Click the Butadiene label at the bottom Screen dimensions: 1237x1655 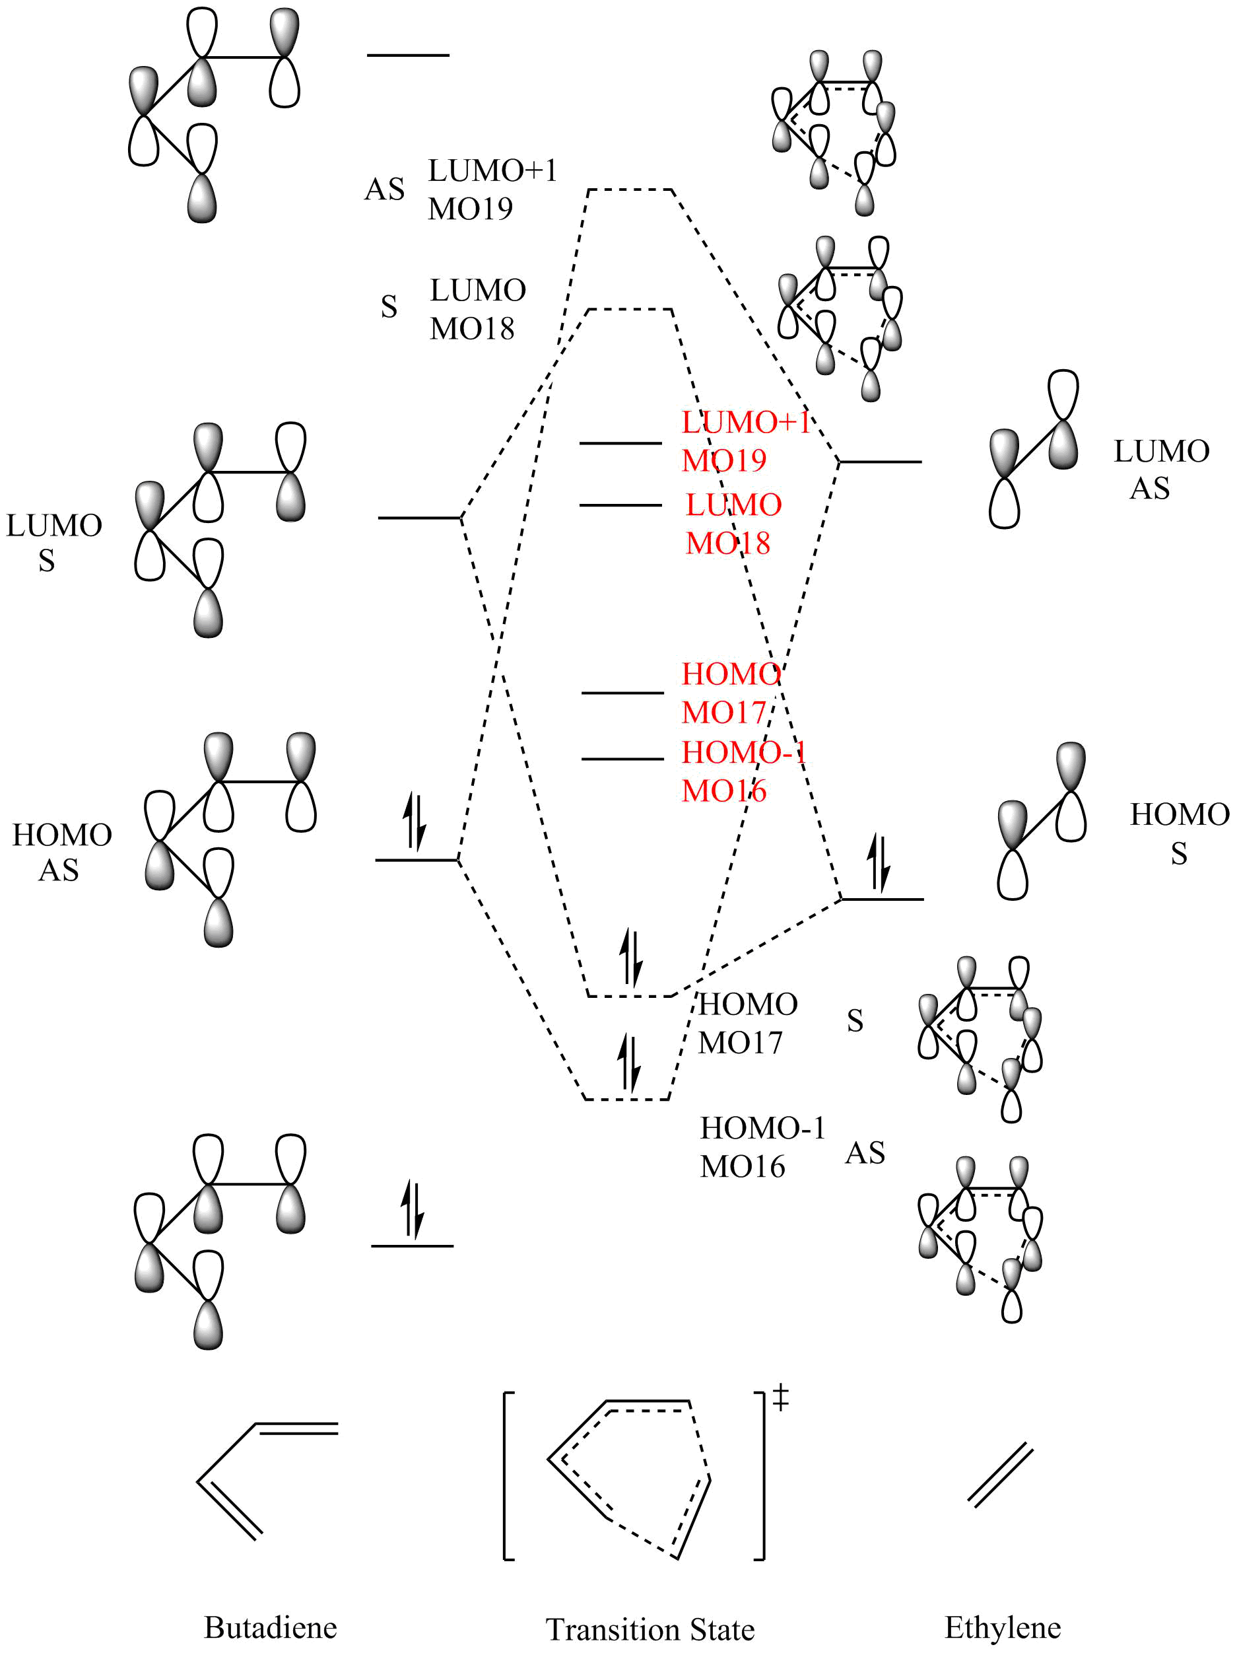270,1627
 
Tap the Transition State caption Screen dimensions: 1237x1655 650,1629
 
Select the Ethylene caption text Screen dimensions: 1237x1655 1002,1628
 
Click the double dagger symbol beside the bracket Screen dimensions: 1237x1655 781,1397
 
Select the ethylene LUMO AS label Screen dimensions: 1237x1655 1160,469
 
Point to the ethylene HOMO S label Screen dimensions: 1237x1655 1180,833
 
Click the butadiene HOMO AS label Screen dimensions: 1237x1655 61,852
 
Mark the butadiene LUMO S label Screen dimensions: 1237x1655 54,542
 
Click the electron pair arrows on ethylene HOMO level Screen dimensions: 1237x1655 878,863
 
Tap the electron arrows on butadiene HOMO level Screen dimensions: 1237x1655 415,821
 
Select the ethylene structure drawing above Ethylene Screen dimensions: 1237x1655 1000,1474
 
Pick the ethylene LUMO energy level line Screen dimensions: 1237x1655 881,462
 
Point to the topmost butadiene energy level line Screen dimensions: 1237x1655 407,55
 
